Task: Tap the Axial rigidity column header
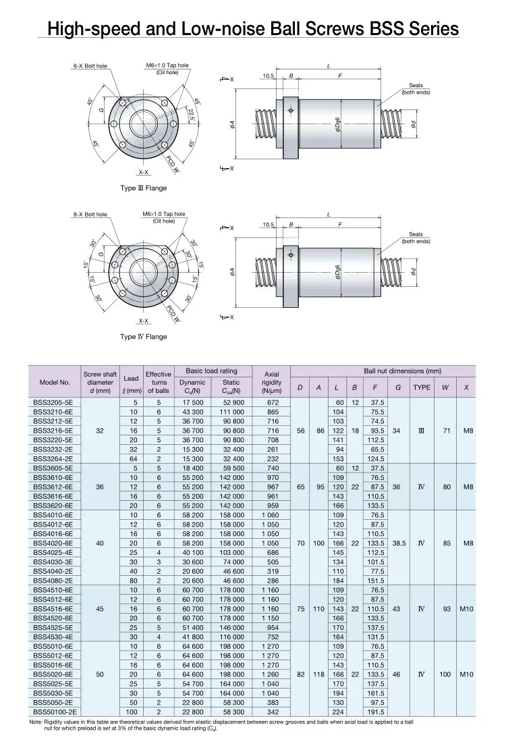click(x=271, y=381)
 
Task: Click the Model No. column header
click(x=55, y=381)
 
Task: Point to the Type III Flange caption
click(x=143, y=188)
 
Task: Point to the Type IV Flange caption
click(x=143, y=337)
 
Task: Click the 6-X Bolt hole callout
click(x=90, y=66)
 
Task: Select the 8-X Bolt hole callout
click(x=90, y=215)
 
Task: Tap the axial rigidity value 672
click(x=273, y=402)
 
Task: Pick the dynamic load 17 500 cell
click(x=193, y=402)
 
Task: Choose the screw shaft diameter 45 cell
click(x=100, y=609)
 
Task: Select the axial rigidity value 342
click(x=273, y=711)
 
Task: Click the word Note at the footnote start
click(x=36, y=722)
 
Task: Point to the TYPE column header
click(x=422, y=387)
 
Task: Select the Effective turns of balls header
click(x=159, y=381)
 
